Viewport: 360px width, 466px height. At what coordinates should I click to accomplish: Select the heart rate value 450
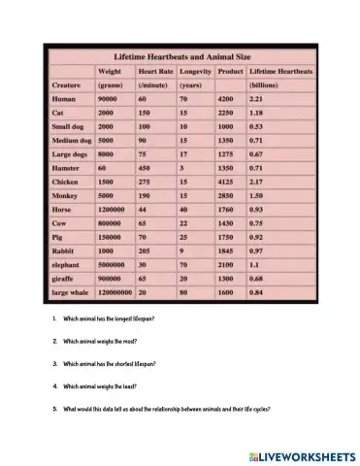tap(146, 167)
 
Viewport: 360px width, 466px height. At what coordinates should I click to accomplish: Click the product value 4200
tap(227, 99)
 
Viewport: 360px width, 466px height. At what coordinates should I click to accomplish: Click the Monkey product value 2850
tap(227, 194)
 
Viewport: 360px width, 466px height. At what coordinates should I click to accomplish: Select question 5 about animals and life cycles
tap(160, 408)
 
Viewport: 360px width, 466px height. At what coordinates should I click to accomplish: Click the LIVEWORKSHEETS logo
tap(301, 454)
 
